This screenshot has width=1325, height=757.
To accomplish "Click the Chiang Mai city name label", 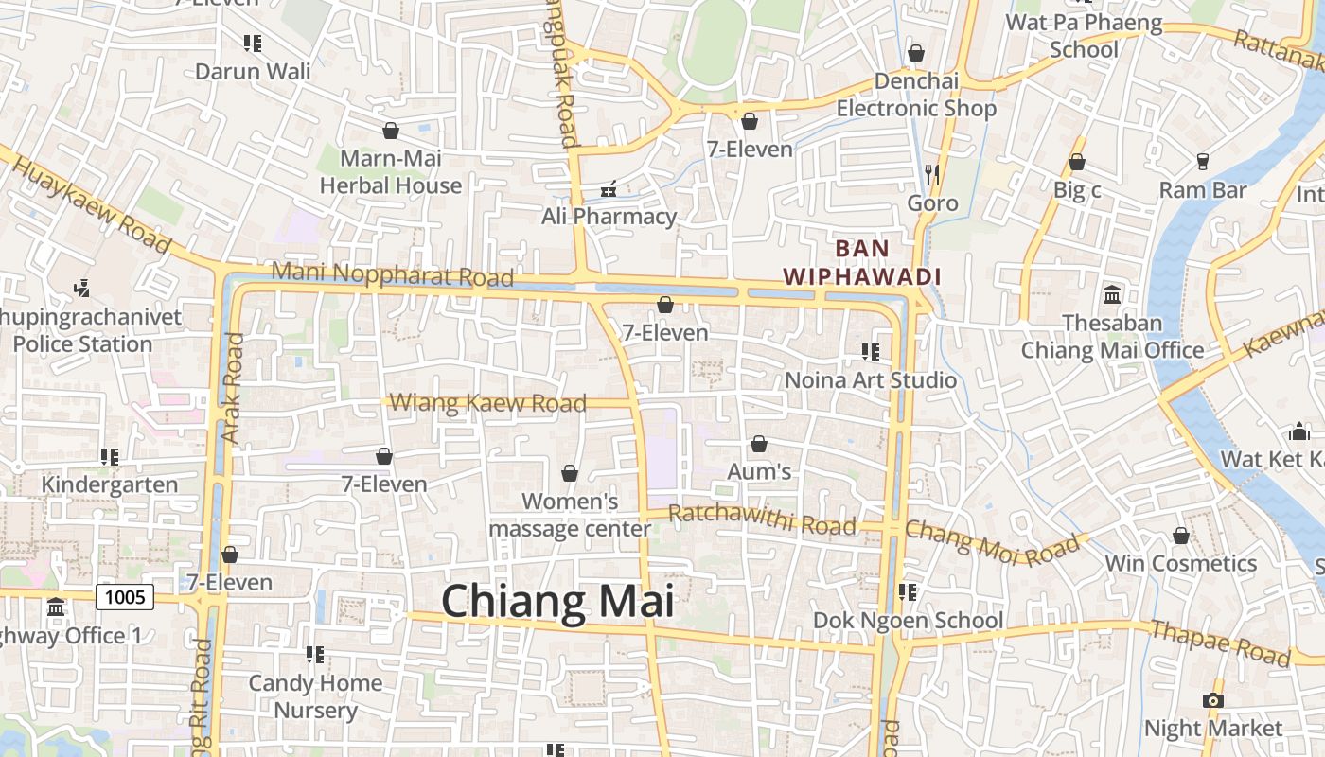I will (x=557, y=602).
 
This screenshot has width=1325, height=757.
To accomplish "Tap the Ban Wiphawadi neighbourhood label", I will (x=862, y=263).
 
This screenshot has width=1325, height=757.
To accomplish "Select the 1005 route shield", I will (x=125, y=597).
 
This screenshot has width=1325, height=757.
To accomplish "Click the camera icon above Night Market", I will (x=1212, y=700).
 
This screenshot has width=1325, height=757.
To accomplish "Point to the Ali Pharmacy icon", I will (x=609, y=189).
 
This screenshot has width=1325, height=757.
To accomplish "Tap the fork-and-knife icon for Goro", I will (x=932, y=174).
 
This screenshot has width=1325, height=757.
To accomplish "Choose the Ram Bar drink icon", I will (x=1203, y=162).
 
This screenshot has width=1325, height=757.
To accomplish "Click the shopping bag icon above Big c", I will (x=1076, y=163).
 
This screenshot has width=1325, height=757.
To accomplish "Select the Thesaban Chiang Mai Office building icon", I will (x=1112, y=294).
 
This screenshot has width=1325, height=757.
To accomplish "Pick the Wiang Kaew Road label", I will (x=488, y=403).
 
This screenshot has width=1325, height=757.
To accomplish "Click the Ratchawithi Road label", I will (x=762, y=519).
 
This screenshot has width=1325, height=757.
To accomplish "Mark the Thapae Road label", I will (x=1220, y=643).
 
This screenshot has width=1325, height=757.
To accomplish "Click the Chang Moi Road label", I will (x=992, y=543).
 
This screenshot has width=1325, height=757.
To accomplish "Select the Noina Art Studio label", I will (x=871, y=380).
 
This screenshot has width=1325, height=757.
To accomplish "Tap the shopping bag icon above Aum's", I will (x=758, y=444).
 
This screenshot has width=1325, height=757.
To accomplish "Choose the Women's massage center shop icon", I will (x=570, y=473).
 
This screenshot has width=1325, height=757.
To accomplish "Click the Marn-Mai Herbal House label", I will (x=391, y=171).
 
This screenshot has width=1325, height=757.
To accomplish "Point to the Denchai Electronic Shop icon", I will (x=915, y=53).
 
